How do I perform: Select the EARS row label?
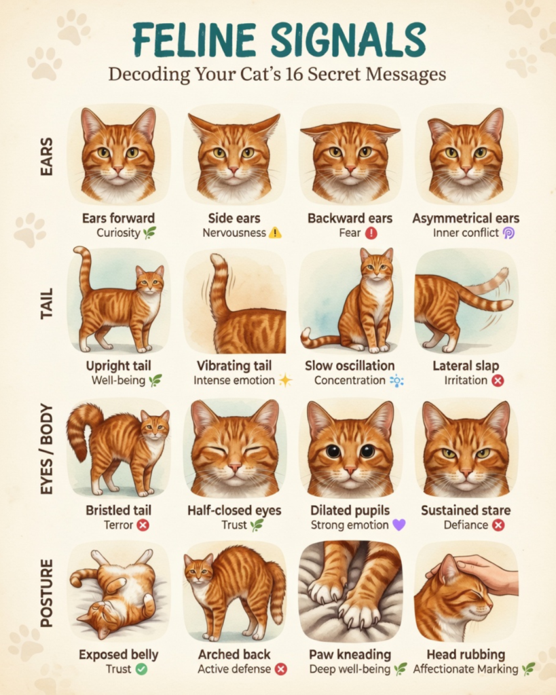pos(46,157)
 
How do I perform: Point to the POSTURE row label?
pos(46,593)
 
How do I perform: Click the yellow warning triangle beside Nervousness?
pos(275,232)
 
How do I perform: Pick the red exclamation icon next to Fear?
pos(371,233)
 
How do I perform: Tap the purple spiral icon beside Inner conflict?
pos(508,233)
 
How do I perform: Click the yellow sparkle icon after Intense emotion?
pos(285,380)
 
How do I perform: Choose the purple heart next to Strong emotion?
pos(399,525)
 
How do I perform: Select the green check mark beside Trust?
pos(141,669)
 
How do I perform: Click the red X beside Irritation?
pos(498,380)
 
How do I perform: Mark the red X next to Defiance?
pos(498,525)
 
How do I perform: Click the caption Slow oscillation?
pos(350,366)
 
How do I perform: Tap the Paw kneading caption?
pos(350,655)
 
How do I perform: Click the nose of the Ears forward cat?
pos(118,170)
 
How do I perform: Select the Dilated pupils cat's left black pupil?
pos(333,451)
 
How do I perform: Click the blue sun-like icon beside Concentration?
pos(396,381)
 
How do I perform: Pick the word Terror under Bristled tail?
pos(118,525)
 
